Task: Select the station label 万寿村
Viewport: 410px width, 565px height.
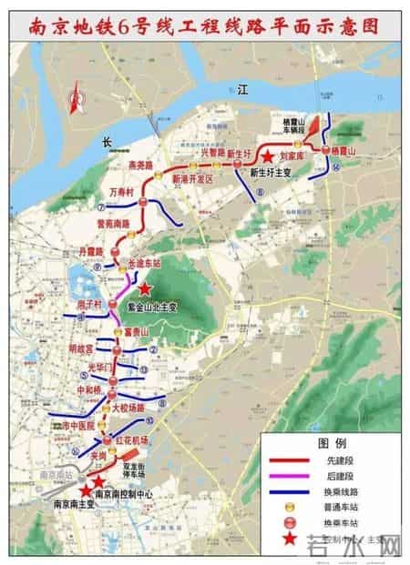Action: coord(121,194)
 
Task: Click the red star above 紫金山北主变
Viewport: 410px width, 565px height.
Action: coord(144,288)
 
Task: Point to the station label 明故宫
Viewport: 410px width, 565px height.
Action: coord(82,347)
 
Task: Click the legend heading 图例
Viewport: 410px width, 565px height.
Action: coord(330,443)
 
